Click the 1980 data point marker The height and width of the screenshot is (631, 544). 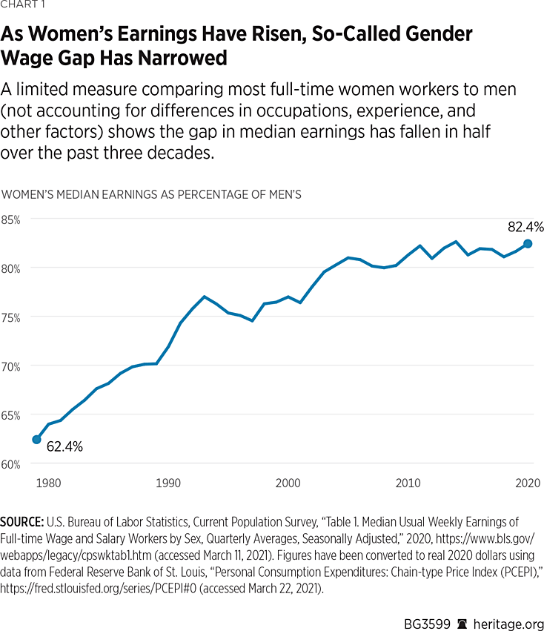pyautogui.click(x=36, y=440)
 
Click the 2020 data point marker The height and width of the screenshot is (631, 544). pyautogui.click(x=528, y=243)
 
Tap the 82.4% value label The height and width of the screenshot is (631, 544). pyautogui.click(x=525, y=227)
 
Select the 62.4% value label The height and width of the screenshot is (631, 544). pyautogui.click(x=64, y=447)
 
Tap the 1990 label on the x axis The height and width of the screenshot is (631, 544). pyautogui.click(x=168, y=483)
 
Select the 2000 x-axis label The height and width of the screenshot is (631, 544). pyautogui.click(x=288, y=483)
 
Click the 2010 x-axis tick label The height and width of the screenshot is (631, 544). pyautogui.click(x=408, y=483)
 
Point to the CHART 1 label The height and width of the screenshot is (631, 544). pyautogui.click(x=23, y=8)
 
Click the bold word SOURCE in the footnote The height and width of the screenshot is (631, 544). pyautogui.click(x=23, y=522)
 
